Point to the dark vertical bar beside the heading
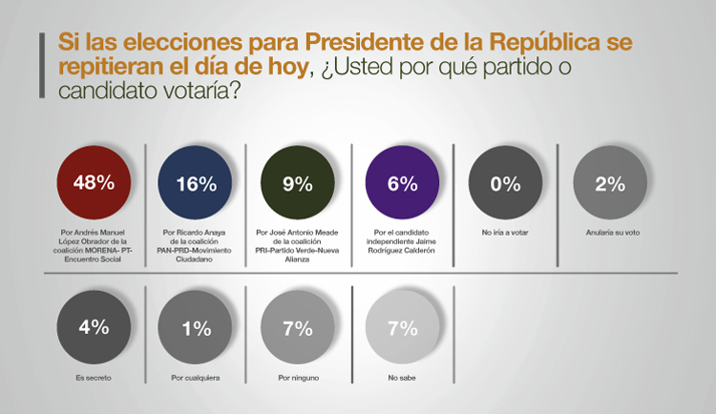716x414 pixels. coord(42,65)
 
